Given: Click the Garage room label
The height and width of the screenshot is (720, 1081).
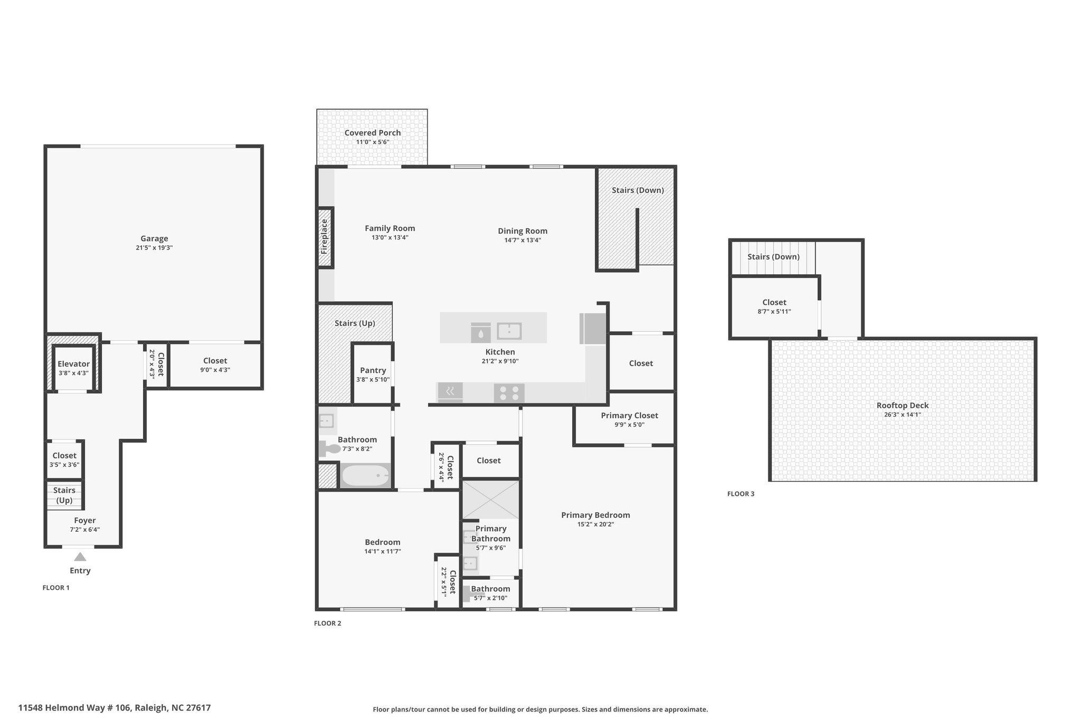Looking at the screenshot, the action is point(154,238).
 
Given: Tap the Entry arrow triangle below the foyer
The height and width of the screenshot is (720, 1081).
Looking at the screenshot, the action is point(80,556).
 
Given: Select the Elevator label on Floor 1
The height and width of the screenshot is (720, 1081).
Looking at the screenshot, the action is point(73,364).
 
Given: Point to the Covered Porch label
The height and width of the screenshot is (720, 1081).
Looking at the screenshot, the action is point(373,133).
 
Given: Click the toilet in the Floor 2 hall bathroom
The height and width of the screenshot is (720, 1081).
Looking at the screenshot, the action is point(330,449).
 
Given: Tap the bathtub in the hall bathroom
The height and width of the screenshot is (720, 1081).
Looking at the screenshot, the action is point(365,476).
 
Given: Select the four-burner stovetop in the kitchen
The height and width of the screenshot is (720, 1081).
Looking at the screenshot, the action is point(509,393).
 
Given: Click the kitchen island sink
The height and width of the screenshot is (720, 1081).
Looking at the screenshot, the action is point(509,331).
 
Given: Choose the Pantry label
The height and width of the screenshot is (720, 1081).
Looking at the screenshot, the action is point(373,370).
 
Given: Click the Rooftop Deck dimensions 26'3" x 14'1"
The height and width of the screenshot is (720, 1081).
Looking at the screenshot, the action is point(903,415).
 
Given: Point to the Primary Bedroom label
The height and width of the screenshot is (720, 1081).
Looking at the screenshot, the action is point(595,515).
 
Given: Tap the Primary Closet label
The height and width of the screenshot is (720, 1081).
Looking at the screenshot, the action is point(630,416).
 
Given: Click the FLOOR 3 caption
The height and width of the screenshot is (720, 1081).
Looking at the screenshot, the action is point(741,494).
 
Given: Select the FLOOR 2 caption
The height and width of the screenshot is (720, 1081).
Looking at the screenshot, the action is point(328,623).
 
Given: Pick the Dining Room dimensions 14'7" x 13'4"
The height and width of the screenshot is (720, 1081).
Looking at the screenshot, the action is point(522,240).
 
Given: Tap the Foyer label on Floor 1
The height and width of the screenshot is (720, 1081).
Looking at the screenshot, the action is point(85,521).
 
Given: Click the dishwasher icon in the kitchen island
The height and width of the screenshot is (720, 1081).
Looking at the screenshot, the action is point(481,332).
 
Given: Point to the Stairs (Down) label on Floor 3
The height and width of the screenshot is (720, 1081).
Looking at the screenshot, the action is point(773,257).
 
